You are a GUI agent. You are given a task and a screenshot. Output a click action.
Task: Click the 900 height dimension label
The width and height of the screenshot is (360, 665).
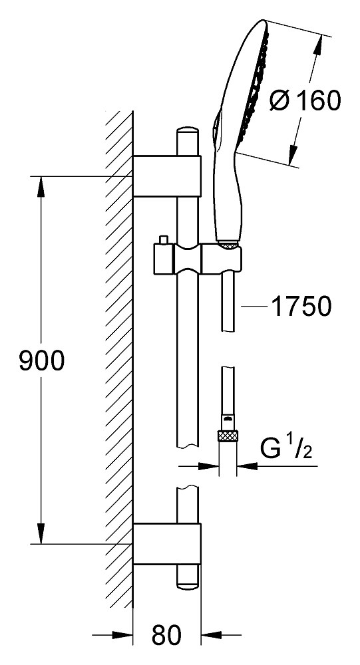pyautogui.click(x=42, y=361)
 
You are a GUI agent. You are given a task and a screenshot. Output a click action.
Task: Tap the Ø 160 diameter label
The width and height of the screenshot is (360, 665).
pyautogui.click(x=305, y=100)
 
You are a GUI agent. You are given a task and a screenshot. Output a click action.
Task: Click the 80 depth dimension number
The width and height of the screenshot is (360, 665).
pyautogui.click(x=167, y=634)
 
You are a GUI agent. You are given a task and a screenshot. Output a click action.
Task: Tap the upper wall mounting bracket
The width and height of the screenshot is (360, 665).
pyautogui.click(x=167, y=176)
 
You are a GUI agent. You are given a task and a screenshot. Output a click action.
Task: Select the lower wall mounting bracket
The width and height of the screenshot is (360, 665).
pyautogui.click(x=167, y=544)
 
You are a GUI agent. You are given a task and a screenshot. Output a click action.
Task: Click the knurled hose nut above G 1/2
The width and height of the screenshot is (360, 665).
pyautogui.click(x=228, y=436)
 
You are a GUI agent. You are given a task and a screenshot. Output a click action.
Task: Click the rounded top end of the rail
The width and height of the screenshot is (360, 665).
pyautogui.click(x=188, y=129)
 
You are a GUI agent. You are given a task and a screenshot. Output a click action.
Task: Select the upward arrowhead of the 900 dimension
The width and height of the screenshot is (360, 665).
pyautogui.click(x=41, y=187)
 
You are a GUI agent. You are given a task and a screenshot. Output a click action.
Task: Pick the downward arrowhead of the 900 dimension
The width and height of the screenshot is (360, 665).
pyautogui.click(x=41, y=533)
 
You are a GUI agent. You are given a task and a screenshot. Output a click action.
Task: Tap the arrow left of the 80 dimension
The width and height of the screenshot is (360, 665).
pyautogui.click(x=112, y=635)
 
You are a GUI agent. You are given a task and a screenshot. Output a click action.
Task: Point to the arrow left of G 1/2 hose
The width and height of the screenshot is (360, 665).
pyautogui.click(x=199, y=467)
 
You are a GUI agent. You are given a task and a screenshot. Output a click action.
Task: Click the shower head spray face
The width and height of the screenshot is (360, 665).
pyautogui.click(x=254, y=87)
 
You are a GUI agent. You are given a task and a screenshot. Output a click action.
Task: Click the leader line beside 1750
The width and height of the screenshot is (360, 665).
pyautogui.click(x=254, y=306)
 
